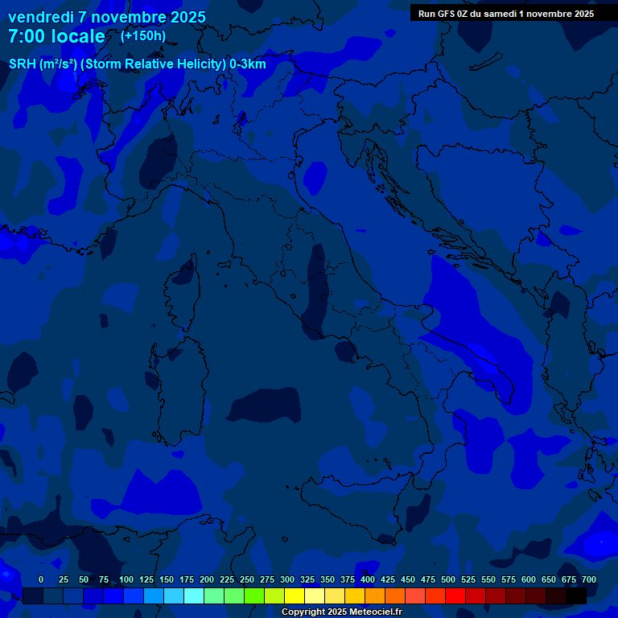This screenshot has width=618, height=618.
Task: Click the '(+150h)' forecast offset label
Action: (x=143, y=35)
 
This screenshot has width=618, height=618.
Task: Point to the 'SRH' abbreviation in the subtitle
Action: (x=22, y=64)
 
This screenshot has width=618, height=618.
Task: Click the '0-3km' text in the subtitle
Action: (x=248, y=64)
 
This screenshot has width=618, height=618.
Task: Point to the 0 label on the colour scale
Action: (x=41, y=579)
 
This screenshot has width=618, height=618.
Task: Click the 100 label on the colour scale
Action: (x=126, y=579)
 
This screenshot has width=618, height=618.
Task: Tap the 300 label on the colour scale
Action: (x=287, y=579)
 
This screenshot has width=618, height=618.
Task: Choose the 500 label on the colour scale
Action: (x=448, y=579)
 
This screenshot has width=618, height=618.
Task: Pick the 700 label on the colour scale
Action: (x=589, y=579)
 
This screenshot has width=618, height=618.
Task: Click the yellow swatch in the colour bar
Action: (x=295, y=596)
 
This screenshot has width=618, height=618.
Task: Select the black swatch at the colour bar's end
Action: (x=576, y=596)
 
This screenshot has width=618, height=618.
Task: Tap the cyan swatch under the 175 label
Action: (x=194, y=596)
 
